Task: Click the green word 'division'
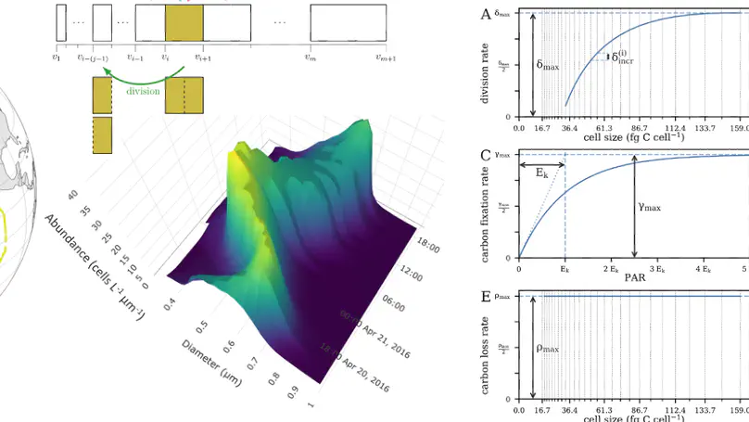[143, 91]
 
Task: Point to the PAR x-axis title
[635, 276]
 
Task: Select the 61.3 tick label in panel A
[604, 129]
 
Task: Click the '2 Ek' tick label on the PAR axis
[611, 267]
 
